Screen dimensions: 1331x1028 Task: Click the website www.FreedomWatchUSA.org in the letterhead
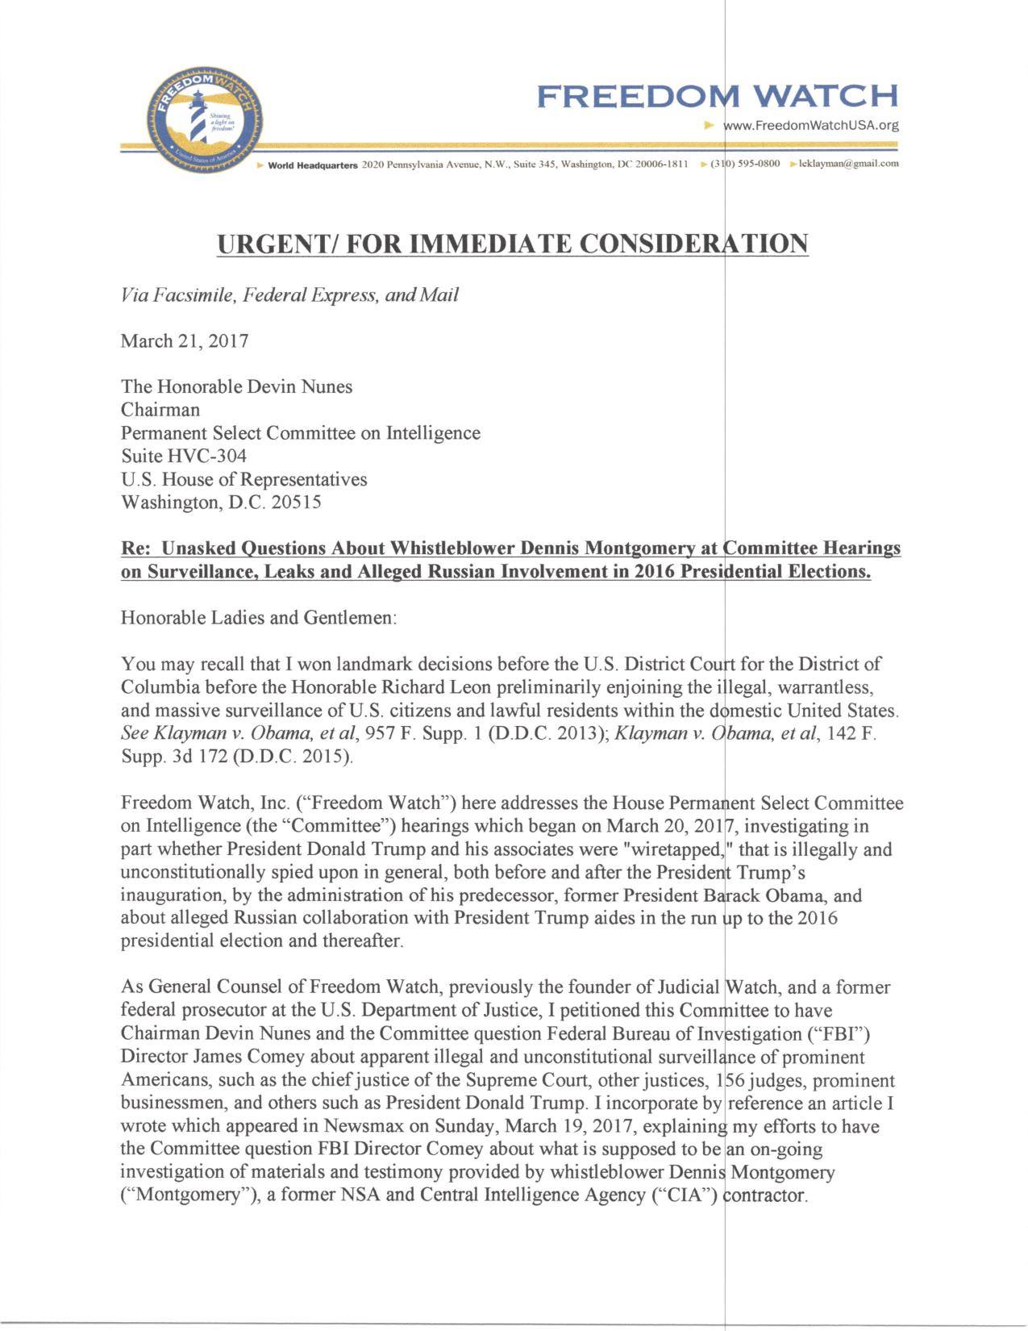pyautogui.click(x=811, y=125)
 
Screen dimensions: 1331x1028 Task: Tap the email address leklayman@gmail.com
pyautogui.click(x=848, y=164)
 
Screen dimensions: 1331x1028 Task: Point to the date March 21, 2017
pyautogui.click(x=185, y=340)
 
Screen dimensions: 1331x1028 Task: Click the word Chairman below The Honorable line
pyautogui.click(x=160, y=410)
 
